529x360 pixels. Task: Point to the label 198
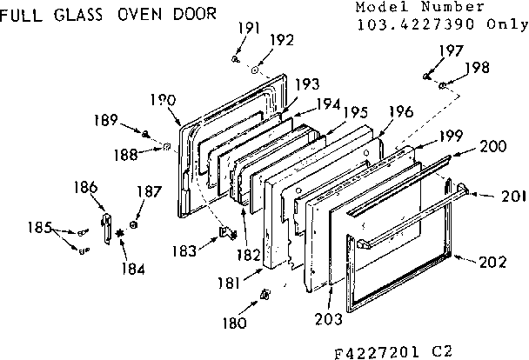pyautogui.click(x=478, y=67)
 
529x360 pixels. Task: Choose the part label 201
pyautogui.click(x=513, y=197)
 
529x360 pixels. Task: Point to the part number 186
pyautogui.click(x=86, y=186)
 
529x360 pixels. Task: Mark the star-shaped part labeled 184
pyautogui.click(x=120, y=234)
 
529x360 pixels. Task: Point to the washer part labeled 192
pyautogui.click(x=256, y=70)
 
